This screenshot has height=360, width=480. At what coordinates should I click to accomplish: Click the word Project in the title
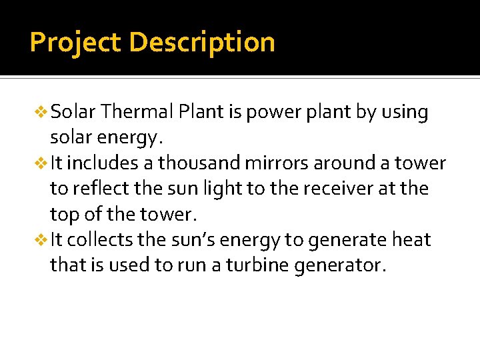click(75, 43)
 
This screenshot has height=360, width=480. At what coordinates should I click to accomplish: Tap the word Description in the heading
click(202, 43)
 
